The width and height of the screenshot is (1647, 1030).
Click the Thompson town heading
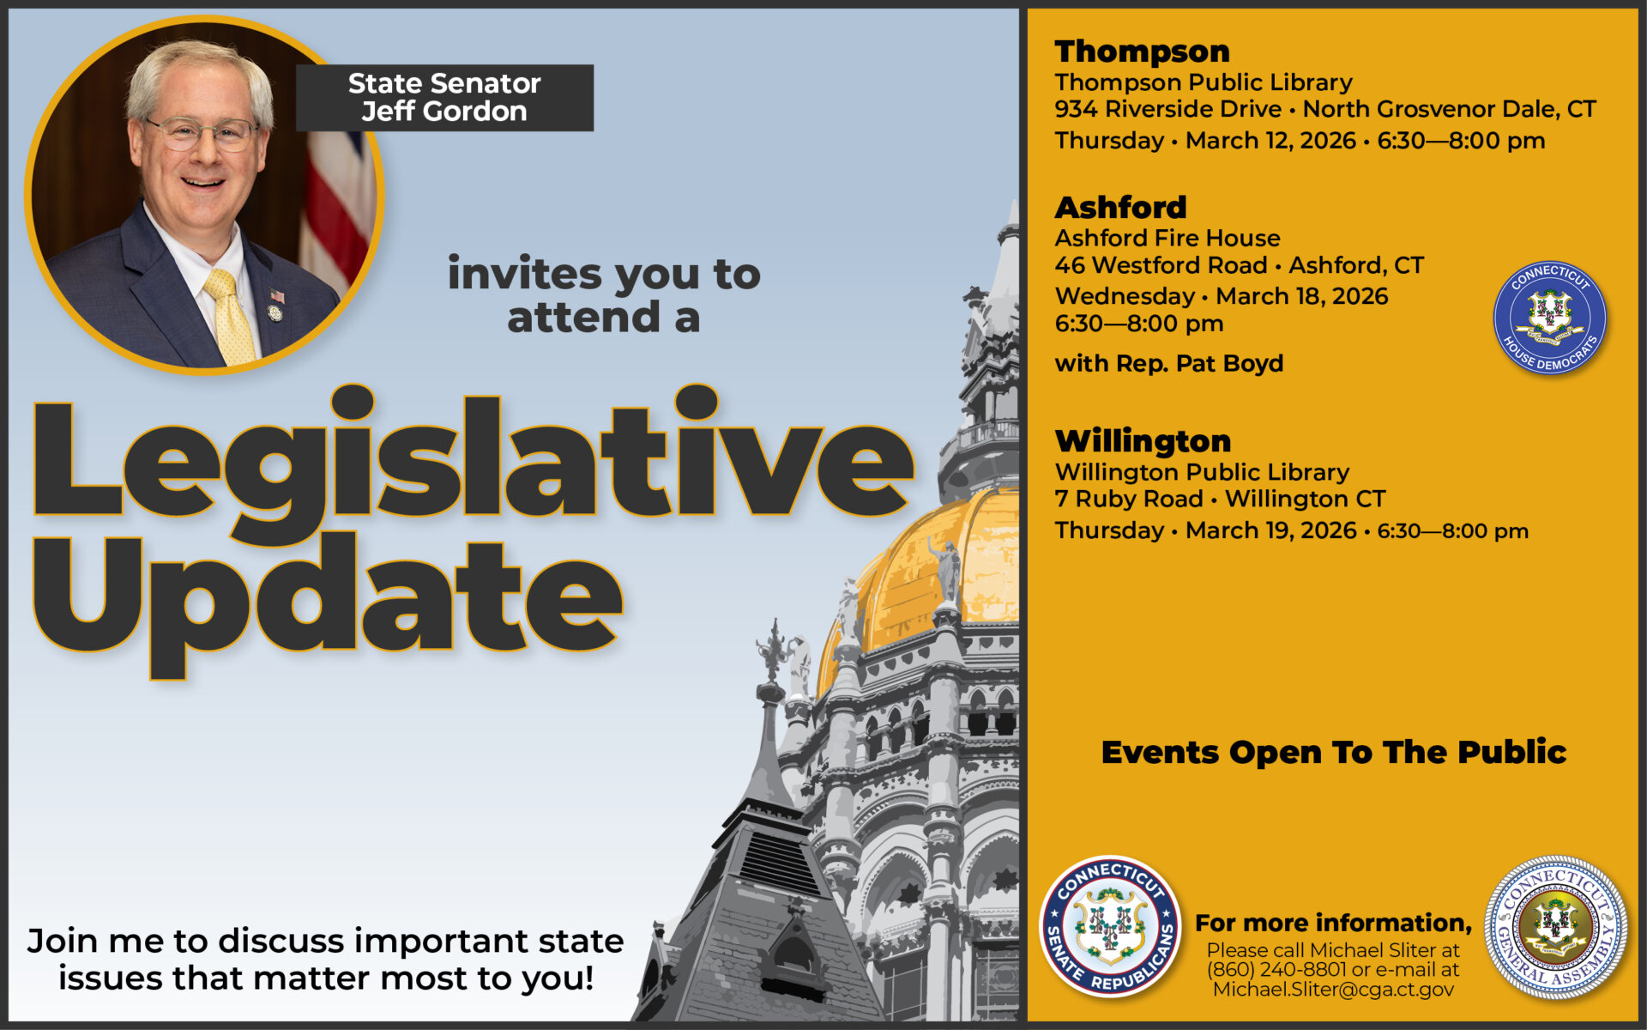pyautogui.click(x=1142, y=51)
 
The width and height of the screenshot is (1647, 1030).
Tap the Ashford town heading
pyautogui.click(x=1120, y=207)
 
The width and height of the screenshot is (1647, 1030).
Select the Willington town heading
pyautogui.click(x=1143, y=440)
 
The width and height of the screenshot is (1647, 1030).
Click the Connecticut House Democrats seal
pyautogui.click(x=1550, y=318)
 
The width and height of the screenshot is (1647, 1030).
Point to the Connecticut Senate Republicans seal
pyautogui.click(x=1111, y=926)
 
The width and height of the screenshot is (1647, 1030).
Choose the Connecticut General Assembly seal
pyautogui.click(x=1555, y=926)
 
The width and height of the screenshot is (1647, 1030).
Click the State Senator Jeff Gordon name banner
pyautogui.click(x=444, y=98)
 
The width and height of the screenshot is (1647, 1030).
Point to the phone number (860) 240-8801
pyautogui.click(x=1276, y=970)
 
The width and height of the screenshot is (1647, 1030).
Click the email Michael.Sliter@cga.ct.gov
pyautogui.click(x=1333, y=990)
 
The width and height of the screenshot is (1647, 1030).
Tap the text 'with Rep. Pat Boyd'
pyautogui.click(x=1169, y=363)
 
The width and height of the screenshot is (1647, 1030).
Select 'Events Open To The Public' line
pyautogui.click(x=1334, y=752)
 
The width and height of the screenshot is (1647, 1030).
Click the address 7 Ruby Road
pyautogui.click(x=1129, y=499)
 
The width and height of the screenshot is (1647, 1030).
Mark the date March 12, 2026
pyautogui.click(x=1270, y=140)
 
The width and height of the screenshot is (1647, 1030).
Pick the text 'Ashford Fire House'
pyautogui.click(x=1167, y=238)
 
